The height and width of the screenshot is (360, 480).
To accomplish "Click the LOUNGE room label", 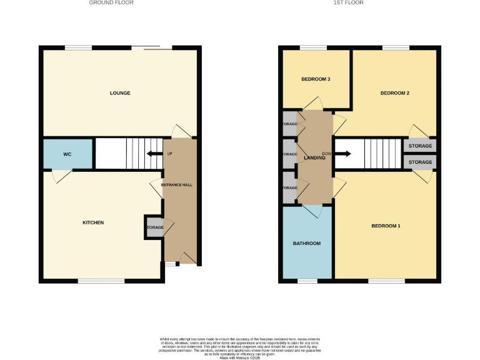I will click(120, 93).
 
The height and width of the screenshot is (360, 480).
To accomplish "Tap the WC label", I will click(67, 154).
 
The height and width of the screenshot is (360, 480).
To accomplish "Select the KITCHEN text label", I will click(94, 222).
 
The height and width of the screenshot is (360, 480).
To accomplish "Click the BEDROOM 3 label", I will click(316, 79).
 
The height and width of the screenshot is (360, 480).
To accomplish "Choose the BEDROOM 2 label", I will click(394, 93).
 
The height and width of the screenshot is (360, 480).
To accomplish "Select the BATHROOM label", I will click(307, 243).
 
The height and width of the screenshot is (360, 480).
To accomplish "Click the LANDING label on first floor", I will click(314, 157).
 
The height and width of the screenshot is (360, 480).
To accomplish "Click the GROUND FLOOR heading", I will click(111, 2).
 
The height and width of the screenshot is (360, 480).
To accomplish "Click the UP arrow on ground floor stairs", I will click(152, 154).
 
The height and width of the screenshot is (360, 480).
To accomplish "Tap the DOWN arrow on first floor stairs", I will click(342, 154).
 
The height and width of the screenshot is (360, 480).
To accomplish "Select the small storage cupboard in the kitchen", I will click(154, 227).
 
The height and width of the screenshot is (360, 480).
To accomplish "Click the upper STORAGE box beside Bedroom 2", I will click(420, 146).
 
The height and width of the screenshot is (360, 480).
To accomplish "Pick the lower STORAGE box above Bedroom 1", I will click(420, 162).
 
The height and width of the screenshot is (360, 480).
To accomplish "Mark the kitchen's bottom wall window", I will click(101, 281).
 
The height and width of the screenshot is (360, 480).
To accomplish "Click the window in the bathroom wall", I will click(307, 281).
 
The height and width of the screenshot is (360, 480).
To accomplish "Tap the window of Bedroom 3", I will click(312, 47).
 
